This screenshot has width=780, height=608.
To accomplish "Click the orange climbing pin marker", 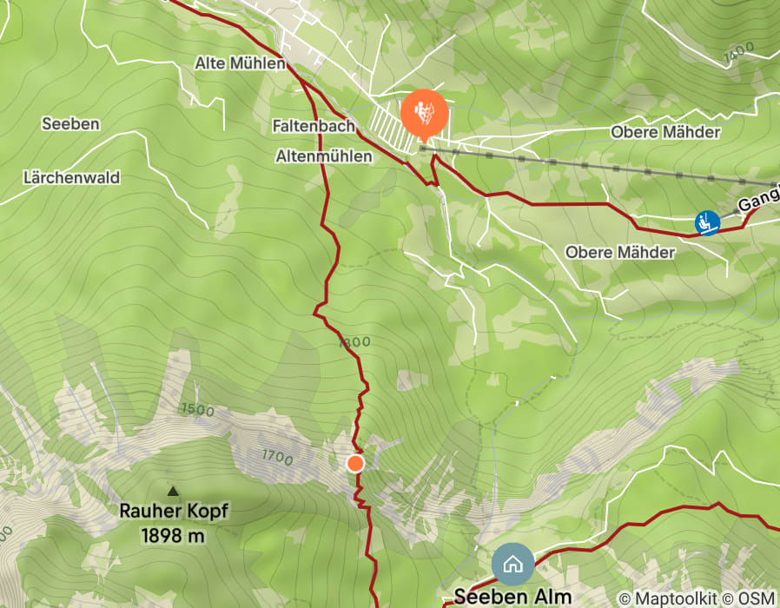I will point(424,113).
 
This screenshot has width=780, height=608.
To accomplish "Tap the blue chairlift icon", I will point(708,222).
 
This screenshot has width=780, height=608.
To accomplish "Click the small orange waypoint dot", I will point(355,463).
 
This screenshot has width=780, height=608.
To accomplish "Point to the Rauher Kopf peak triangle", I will point(173,492).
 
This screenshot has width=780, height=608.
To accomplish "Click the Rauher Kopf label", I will point(174,511).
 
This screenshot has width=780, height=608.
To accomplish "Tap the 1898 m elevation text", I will point(174,535).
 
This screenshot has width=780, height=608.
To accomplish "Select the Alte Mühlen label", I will point(241,63).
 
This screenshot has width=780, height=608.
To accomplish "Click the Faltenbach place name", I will point(313,126).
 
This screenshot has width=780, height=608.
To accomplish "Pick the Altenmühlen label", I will point(323,156).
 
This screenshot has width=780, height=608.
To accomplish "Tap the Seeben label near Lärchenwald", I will point(70,124).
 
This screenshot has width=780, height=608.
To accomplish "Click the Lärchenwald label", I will point(71,177).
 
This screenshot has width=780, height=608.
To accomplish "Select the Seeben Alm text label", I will point(513,597).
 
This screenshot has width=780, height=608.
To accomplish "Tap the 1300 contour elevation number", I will point(354,342).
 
